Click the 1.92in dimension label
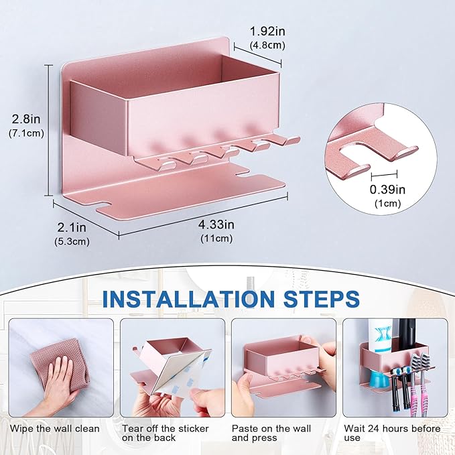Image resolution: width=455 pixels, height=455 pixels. [x=267, y=31]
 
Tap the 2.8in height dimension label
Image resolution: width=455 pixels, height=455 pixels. [x=26, y=119]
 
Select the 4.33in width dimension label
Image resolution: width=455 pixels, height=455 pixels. [x=216, y=224]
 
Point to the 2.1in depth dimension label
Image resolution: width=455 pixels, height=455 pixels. [x=72, y=227]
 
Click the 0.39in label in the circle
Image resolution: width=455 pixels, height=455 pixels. [x=388, y=190]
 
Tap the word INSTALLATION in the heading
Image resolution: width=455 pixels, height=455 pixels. [x=188, y=299]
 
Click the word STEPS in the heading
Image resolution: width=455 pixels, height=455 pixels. [x=322, y=299]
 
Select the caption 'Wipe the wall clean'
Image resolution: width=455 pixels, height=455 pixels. [x=54, y=429]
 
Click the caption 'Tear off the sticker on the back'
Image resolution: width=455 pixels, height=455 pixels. [x=165, y=433]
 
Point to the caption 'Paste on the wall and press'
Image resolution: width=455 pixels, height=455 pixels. [x=271, y=433]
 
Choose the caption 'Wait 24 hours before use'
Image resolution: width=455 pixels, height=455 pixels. [x=392, y=433]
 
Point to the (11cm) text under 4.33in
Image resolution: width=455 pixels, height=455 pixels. [x=216, y=239]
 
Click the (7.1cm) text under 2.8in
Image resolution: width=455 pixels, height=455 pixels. [x=26, y=133]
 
